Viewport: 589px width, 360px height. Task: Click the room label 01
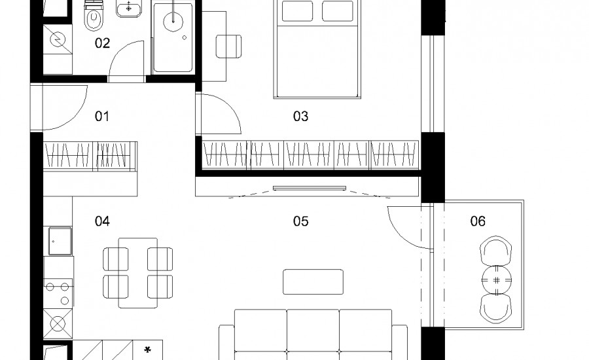coord(102,117)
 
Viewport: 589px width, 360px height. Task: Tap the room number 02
coord(102,43)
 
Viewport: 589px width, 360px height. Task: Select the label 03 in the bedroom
coord(300,117)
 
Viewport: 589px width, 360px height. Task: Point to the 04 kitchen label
coord(102,221)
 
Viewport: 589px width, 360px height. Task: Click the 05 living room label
coord(300,221)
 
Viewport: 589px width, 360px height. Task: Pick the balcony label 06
coord(478,221)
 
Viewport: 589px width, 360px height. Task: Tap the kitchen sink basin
coord(60,242)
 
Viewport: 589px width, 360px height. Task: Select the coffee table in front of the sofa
coord(313,282)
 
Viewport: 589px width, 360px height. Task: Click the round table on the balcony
coord(497,280)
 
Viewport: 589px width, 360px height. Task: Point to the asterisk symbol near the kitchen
coord(148,350)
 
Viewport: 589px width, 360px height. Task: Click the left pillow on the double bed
coord(297,11)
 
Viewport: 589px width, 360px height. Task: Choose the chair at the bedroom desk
coord(228,46)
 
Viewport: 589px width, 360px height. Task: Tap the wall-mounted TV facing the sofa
coord(310,188)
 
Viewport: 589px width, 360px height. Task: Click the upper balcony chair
coord(496,251)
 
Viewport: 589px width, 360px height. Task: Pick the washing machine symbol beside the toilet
coord(58,39)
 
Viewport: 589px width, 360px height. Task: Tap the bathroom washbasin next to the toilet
coord(129,9)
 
